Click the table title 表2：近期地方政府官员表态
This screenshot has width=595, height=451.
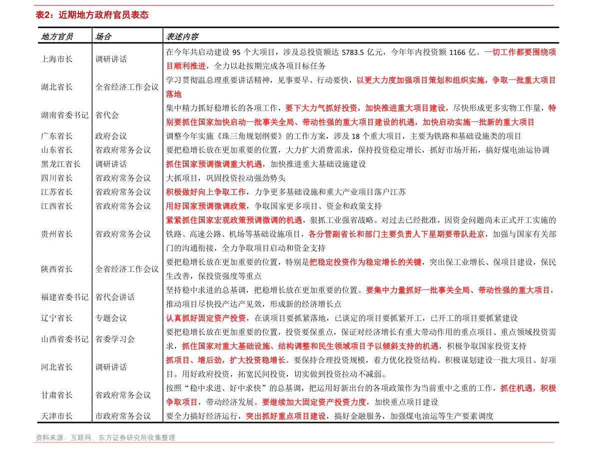[x=92, y=15]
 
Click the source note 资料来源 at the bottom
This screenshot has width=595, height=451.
[x=105, y=437]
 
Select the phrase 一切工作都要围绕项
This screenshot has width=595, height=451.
[x=520, y=52]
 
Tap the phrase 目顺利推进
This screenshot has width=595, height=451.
[x=186, y=66]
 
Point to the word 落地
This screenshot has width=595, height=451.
[x=174, y=94]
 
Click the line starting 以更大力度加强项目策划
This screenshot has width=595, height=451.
[x=456, y=80]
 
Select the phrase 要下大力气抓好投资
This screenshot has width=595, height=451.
[x=367, y=108]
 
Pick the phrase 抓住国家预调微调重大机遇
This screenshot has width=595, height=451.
[x=214, y=164]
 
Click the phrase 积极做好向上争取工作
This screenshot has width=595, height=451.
[x=206, y=192]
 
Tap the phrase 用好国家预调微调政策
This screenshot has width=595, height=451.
[x=206, y=206]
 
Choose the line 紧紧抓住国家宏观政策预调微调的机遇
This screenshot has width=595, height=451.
[x=234, y=220]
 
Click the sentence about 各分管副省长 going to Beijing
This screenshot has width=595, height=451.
[x=396, y=234]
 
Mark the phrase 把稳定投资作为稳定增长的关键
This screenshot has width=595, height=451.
[x=365, y=262]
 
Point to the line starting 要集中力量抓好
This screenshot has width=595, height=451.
[x=458, y=290]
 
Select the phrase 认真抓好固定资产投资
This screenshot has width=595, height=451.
[x=206, y=318]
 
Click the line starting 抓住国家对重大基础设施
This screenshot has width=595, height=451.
[x=310, y=346]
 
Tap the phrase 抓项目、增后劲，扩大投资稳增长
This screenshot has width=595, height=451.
[x=226, y=360]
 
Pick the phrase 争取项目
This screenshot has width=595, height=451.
[x=182, y=402]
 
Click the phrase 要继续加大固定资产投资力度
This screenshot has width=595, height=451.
[x=314, y=402]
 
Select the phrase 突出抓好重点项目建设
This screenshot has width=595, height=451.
[x=286, y=416]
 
